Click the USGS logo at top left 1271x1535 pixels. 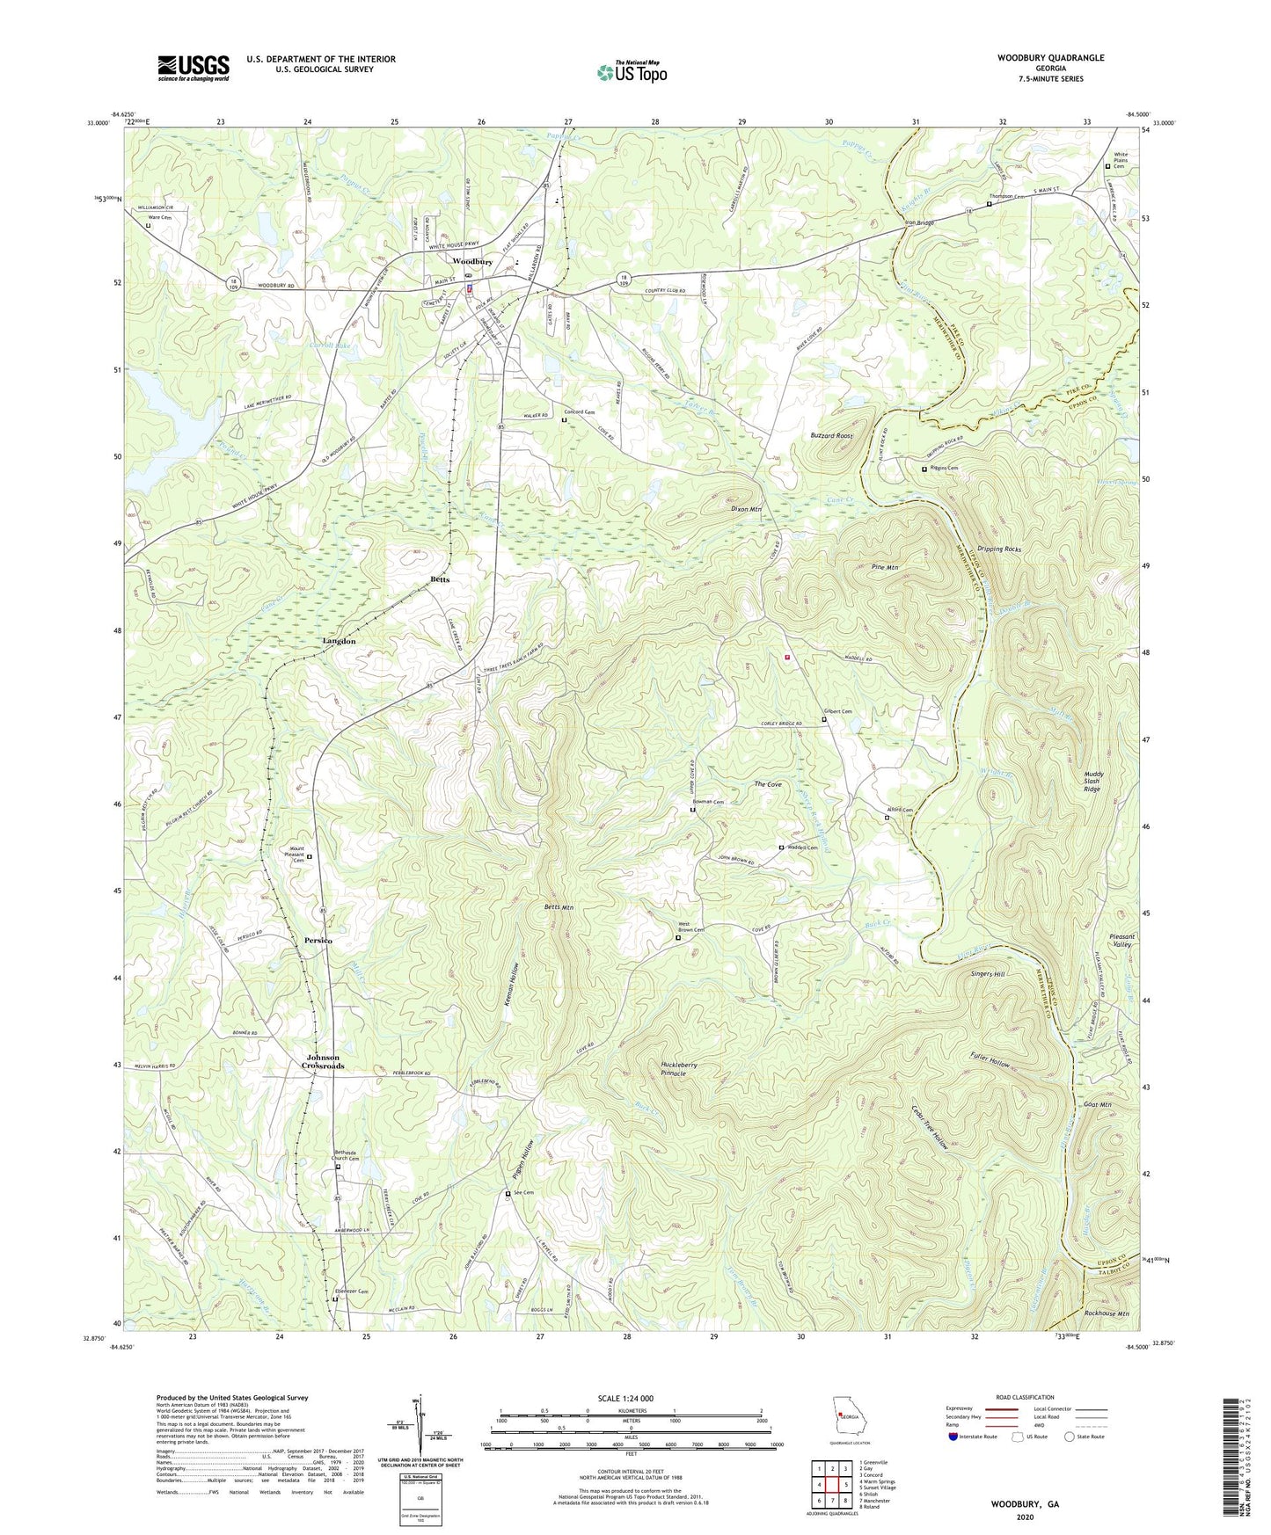tap(194, 67)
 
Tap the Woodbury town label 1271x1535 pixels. tap(471, 262)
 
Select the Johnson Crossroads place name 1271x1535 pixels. tap(323, 1061)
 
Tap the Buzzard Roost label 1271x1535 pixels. tap(831, 436)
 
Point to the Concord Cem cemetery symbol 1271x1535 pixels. tap(564, 420)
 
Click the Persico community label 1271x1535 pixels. tap(318, 940)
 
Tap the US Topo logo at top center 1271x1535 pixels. tap(632, 72)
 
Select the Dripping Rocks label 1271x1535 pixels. tap(999, 549)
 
